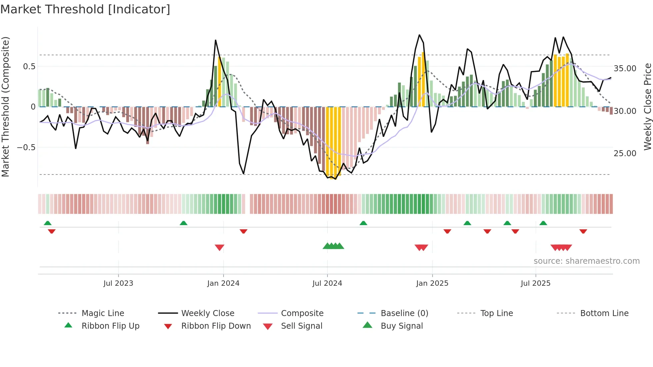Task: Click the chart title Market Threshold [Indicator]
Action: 85,9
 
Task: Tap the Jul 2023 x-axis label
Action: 118,283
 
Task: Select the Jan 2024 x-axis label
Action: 223,283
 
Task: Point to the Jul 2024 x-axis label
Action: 327,283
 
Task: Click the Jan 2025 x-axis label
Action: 432,283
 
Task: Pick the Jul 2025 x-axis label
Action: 535,283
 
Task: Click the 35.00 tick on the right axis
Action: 625,69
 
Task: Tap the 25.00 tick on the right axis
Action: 625,154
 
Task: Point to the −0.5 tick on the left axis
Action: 26,148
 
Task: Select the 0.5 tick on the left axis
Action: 29,67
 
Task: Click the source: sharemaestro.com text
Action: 586,261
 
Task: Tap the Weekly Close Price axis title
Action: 647,107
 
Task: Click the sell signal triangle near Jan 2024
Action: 219,247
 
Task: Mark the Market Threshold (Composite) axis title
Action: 5,107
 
